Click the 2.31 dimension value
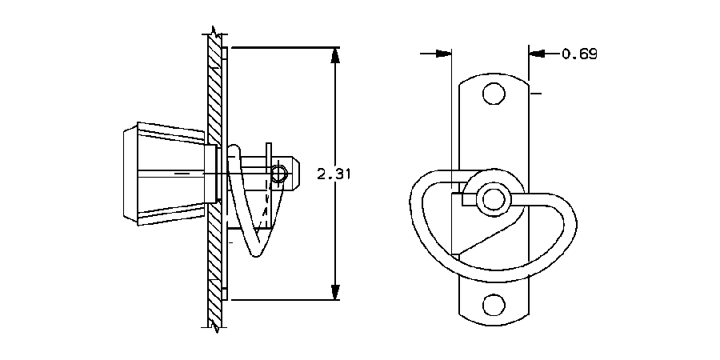[x=334, y=174]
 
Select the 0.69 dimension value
[x=579, y=54]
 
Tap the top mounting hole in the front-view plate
[x=494, y=94]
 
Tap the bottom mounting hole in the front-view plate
[x=494, y=305]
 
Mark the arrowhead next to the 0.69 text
[x=536, y=54]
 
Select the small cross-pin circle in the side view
[x=278, y=174]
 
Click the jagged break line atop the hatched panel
[x=214, y=33]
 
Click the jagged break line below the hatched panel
[x=214, y=325]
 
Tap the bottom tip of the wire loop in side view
[x=254, y=254]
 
